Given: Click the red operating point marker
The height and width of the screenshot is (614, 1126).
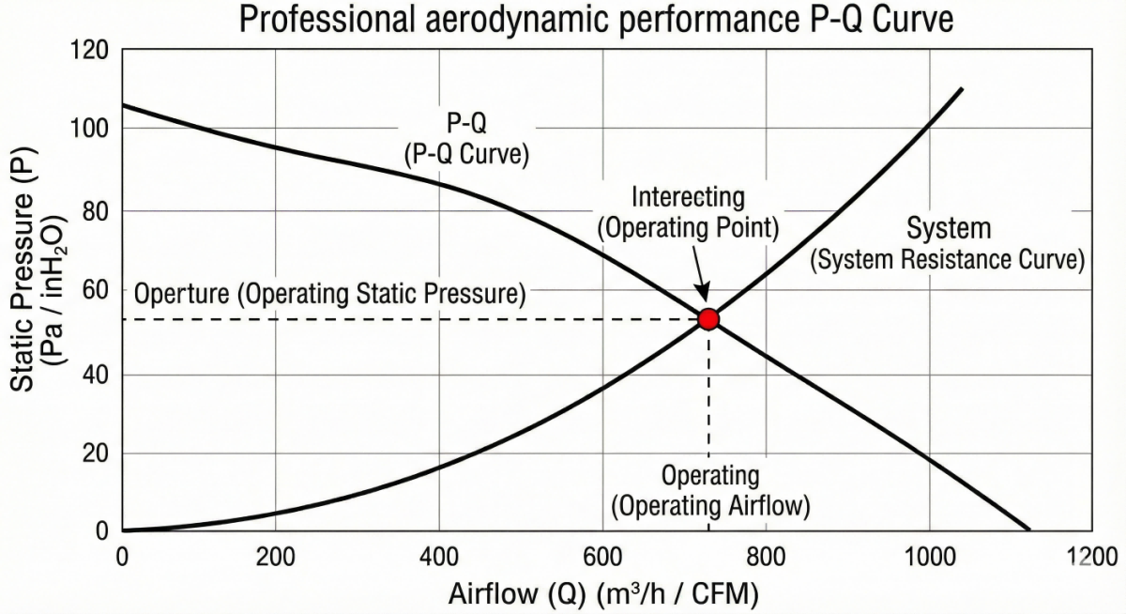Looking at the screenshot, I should tap(708, 319).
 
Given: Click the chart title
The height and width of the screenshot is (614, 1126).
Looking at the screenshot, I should tap(596, 19).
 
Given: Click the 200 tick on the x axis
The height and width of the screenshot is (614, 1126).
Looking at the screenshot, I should tap(275, 556).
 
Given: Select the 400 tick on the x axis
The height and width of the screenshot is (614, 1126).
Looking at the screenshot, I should tap(438, 556).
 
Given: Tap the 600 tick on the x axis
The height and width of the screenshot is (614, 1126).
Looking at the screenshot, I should tap(601, 556).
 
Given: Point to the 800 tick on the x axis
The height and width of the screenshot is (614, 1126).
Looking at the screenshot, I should tap(766, 556).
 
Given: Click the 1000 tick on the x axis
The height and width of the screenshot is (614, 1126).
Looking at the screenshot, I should tap(929, 556).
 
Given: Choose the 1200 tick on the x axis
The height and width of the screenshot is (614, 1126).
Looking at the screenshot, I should tap(1092, 556).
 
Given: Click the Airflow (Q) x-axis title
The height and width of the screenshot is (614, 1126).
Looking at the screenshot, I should tap(603, 594).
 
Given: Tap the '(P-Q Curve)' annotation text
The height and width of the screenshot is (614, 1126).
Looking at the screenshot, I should tap(466, 154).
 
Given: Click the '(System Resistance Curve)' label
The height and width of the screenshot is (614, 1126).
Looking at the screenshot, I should tap(948, 260).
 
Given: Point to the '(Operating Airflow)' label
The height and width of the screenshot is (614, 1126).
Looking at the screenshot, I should tap(710, 506).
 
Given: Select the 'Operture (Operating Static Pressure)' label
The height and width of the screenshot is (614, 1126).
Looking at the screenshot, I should tap(329, 294).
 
